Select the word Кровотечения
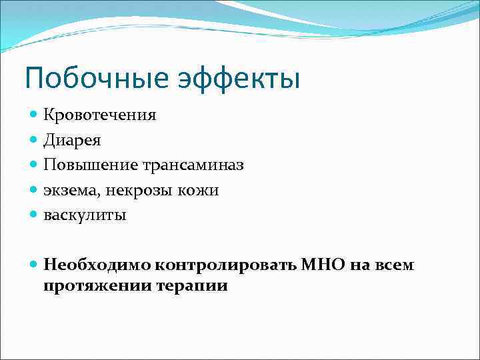[x=100, y=115]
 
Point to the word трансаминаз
[x=192, y=165]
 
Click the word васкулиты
[x=85, y=215]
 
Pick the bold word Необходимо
[x=98, y=265]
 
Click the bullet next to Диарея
[x=34, y=141]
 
